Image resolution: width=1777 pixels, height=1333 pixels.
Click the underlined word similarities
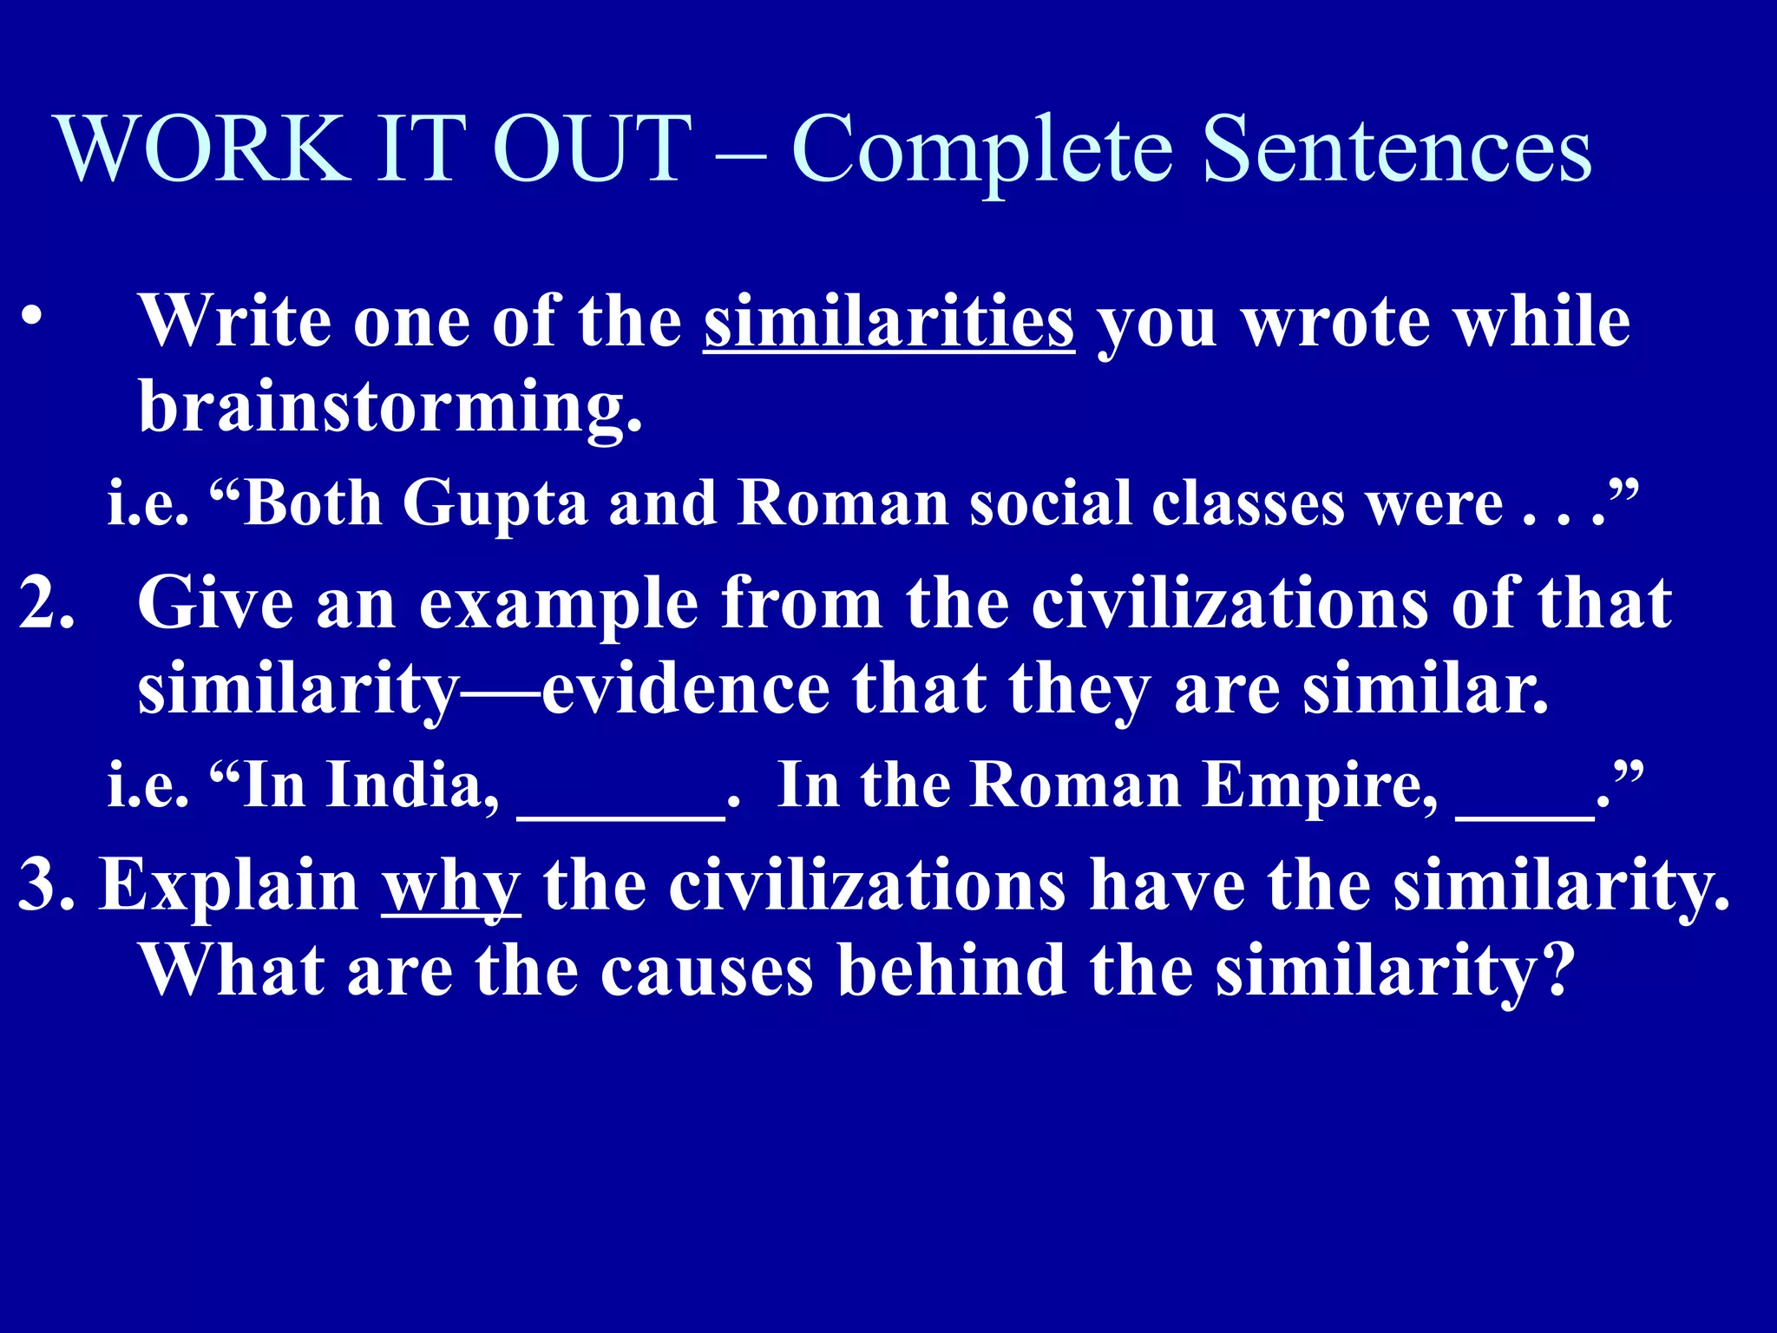(x=889, y=322)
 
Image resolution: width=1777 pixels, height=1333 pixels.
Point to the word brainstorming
(x=390, y=408)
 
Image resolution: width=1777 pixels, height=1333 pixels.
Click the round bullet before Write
(x=32, y=318)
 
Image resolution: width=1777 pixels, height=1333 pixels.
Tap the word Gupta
(x=495, y=504)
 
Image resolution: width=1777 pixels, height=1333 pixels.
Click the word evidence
(x=685, y=690)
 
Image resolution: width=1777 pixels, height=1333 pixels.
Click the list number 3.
(x=43, y=885)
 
